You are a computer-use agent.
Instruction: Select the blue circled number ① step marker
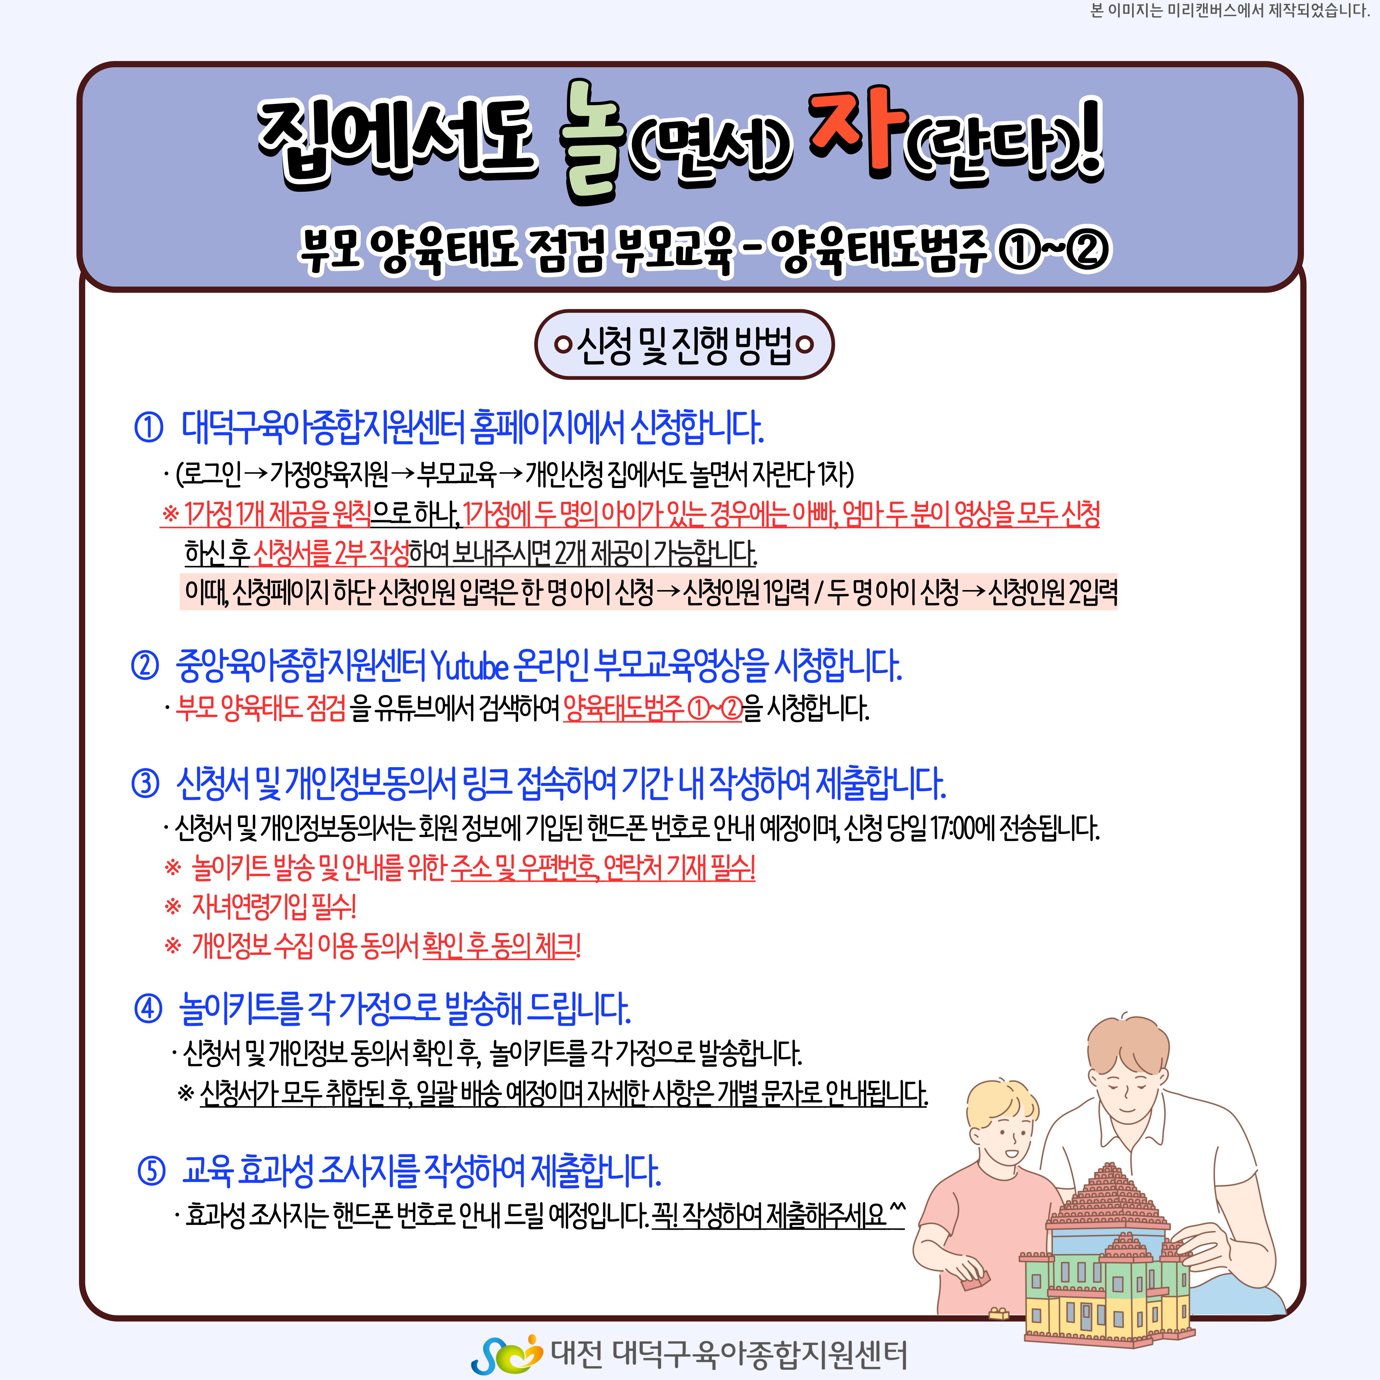148,427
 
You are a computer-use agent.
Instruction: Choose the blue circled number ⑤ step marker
151,1171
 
